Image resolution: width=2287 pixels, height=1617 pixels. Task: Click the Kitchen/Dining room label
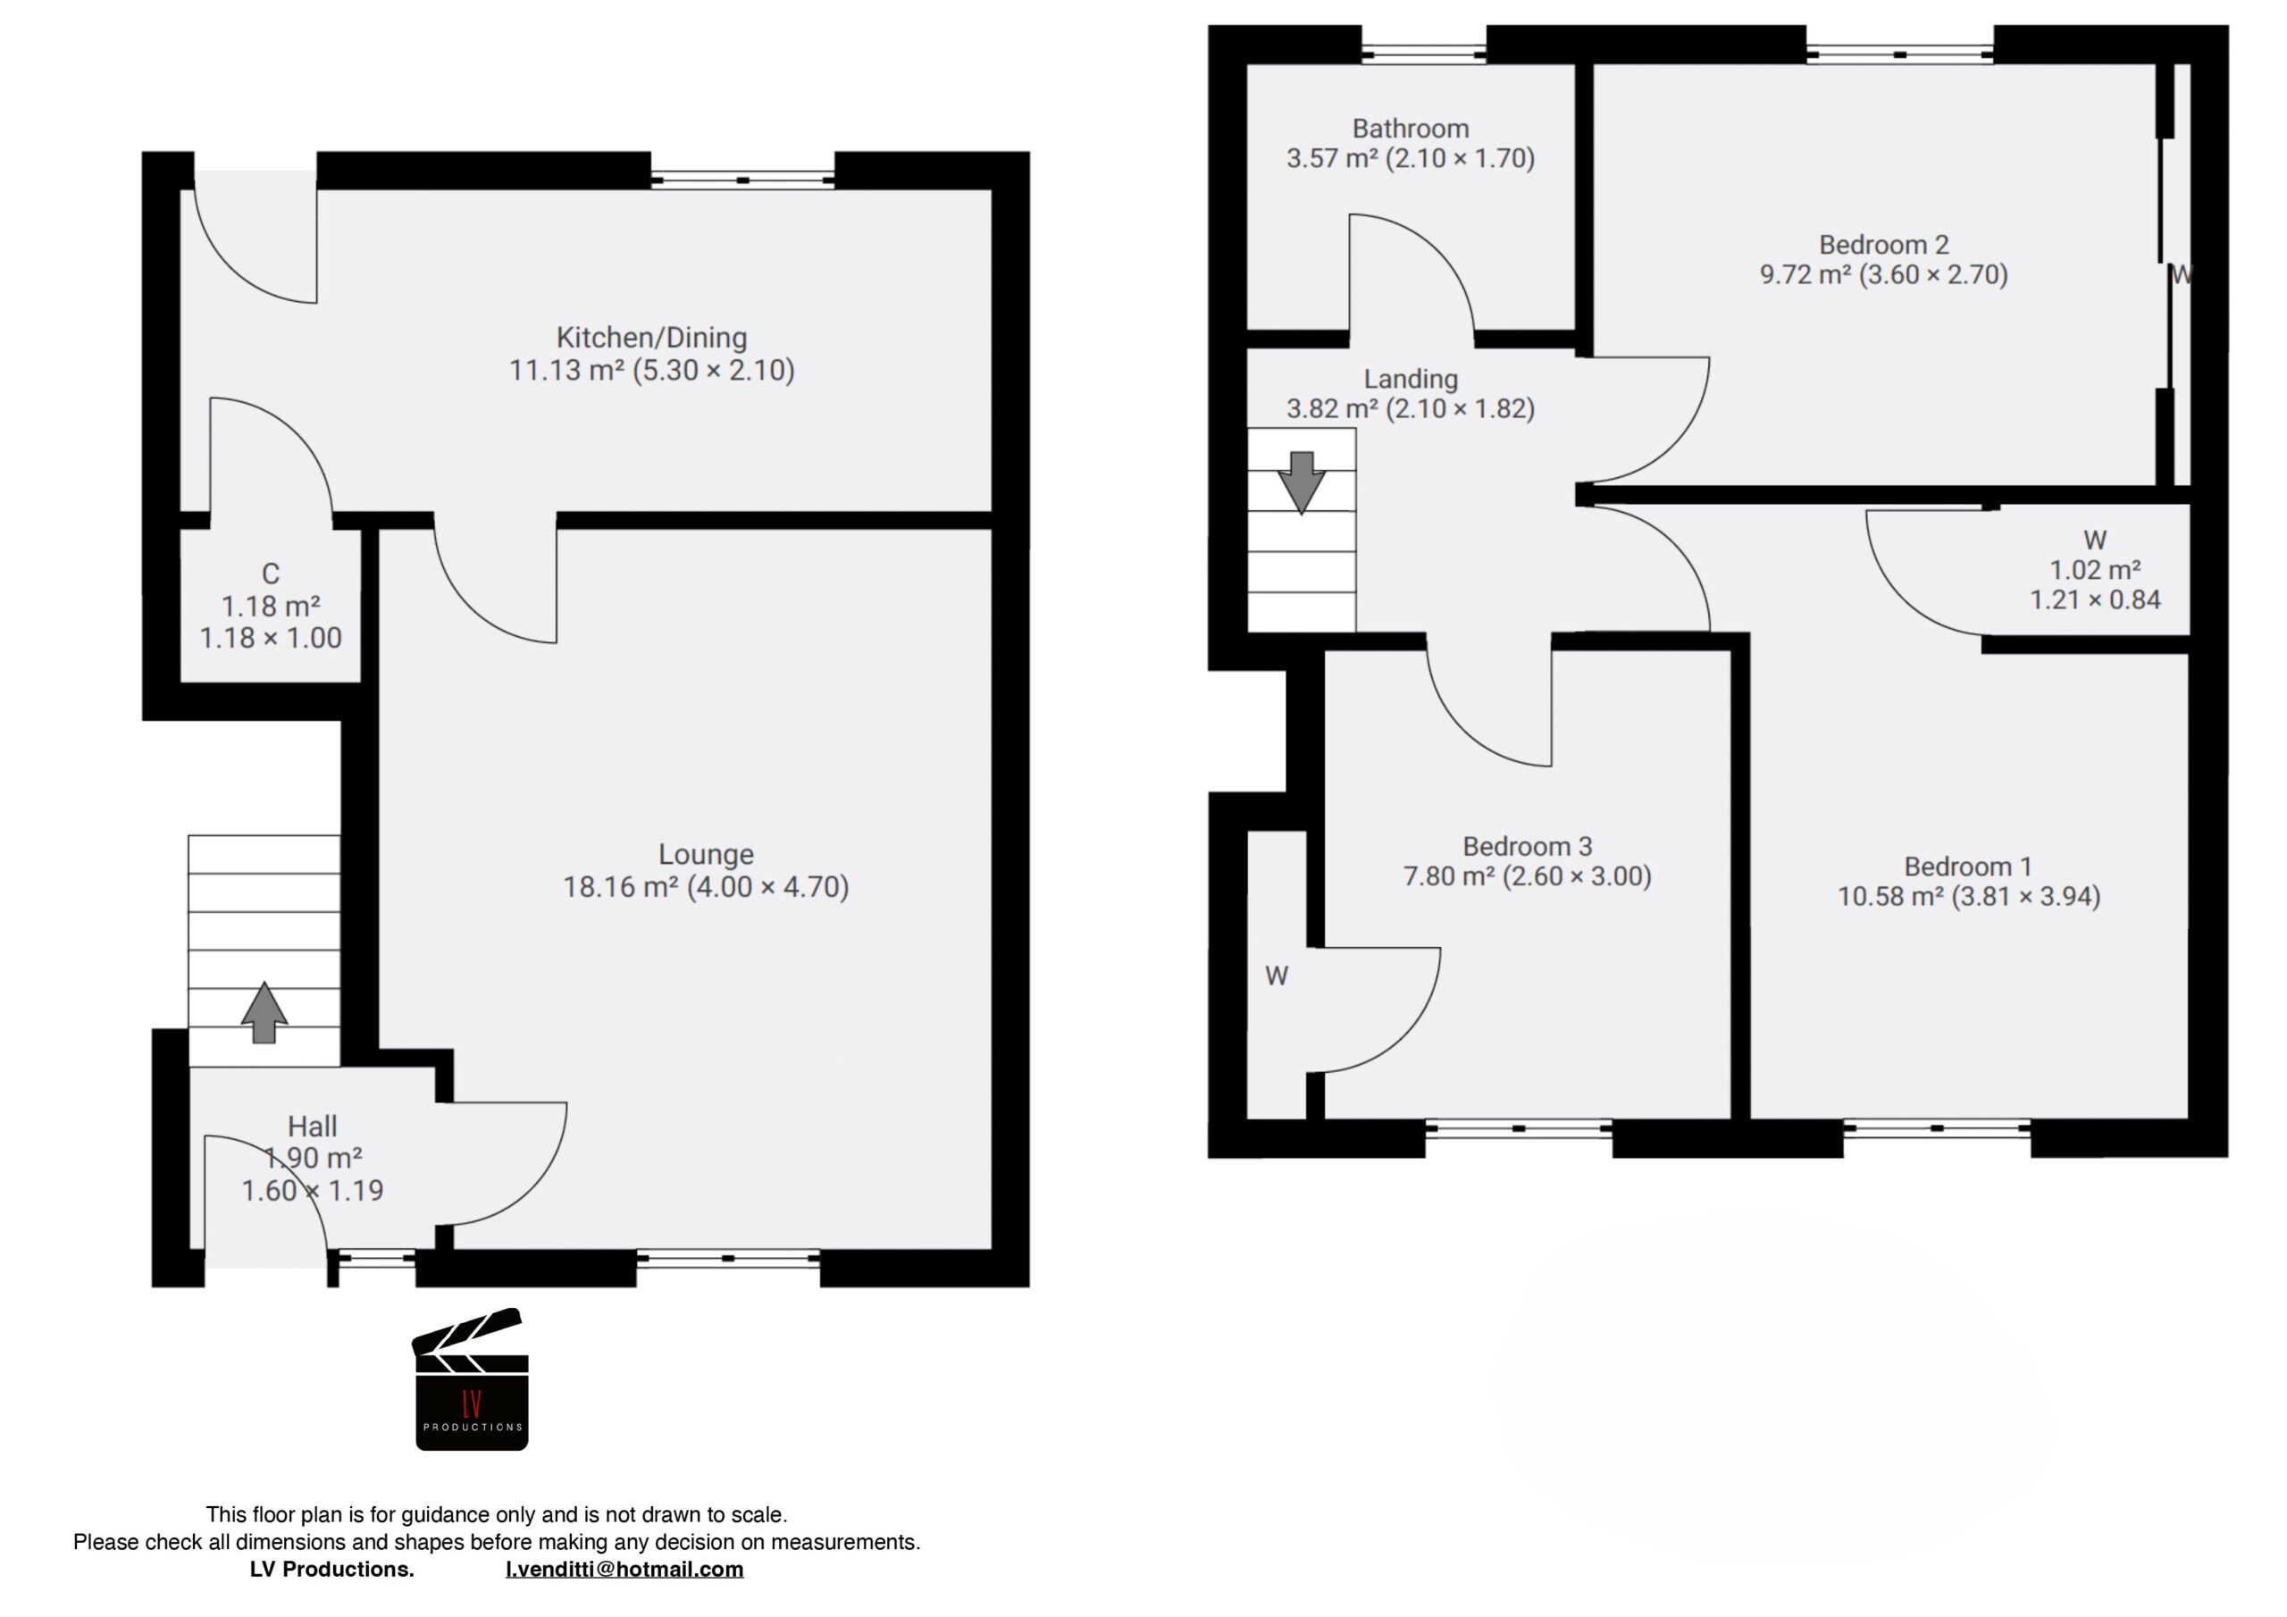click(651, 337)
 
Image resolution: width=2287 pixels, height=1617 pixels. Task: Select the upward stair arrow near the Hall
click(264, 1012)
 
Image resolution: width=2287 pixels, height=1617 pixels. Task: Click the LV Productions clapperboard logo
click(471, 1381)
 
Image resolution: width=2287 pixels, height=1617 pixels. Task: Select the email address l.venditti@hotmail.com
click(624, 1569)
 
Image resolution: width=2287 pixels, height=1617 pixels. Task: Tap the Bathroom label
click(1410, 129)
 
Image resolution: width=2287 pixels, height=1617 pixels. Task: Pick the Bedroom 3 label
click(1527, 846)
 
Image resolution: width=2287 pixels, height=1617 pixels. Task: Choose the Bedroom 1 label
click(1967, 866)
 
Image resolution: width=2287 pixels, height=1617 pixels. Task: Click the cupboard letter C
click(270, 574)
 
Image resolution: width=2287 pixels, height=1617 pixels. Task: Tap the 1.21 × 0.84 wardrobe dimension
click(2095, 599)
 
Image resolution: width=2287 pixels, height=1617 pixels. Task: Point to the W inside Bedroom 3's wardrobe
click(1276, 976)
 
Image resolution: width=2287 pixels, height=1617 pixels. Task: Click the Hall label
click(312, 1126)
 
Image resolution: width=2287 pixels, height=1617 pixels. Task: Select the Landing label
click(1410, 379)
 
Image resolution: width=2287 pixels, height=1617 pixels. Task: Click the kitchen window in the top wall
click(743, 180)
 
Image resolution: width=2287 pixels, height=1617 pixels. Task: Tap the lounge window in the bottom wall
click(728, 1259)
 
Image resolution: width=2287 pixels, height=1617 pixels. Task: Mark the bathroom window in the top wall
click(1423, 54)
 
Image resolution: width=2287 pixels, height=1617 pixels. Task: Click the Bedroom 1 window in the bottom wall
click(1937, 1129)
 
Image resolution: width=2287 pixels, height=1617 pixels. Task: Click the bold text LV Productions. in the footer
click(331, 1569)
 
